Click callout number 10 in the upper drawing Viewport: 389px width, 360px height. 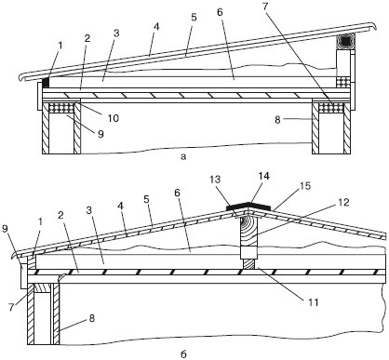(114, 118)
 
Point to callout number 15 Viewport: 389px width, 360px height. (305, 186)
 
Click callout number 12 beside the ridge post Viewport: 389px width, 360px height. (344, 203)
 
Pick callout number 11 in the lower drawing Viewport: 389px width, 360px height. (314, 301)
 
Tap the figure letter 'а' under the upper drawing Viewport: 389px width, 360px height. (183, 157)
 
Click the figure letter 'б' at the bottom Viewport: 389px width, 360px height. (183, 353)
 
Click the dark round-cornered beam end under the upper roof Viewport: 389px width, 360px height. (344, 41)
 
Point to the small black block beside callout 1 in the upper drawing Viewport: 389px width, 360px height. (47, 83)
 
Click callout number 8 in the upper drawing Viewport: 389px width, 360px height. (277, 120)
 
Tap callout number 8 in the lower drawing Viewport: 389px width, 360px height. (92, 318)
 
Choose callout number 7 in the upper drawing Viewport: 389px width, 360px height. (266, 7)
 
